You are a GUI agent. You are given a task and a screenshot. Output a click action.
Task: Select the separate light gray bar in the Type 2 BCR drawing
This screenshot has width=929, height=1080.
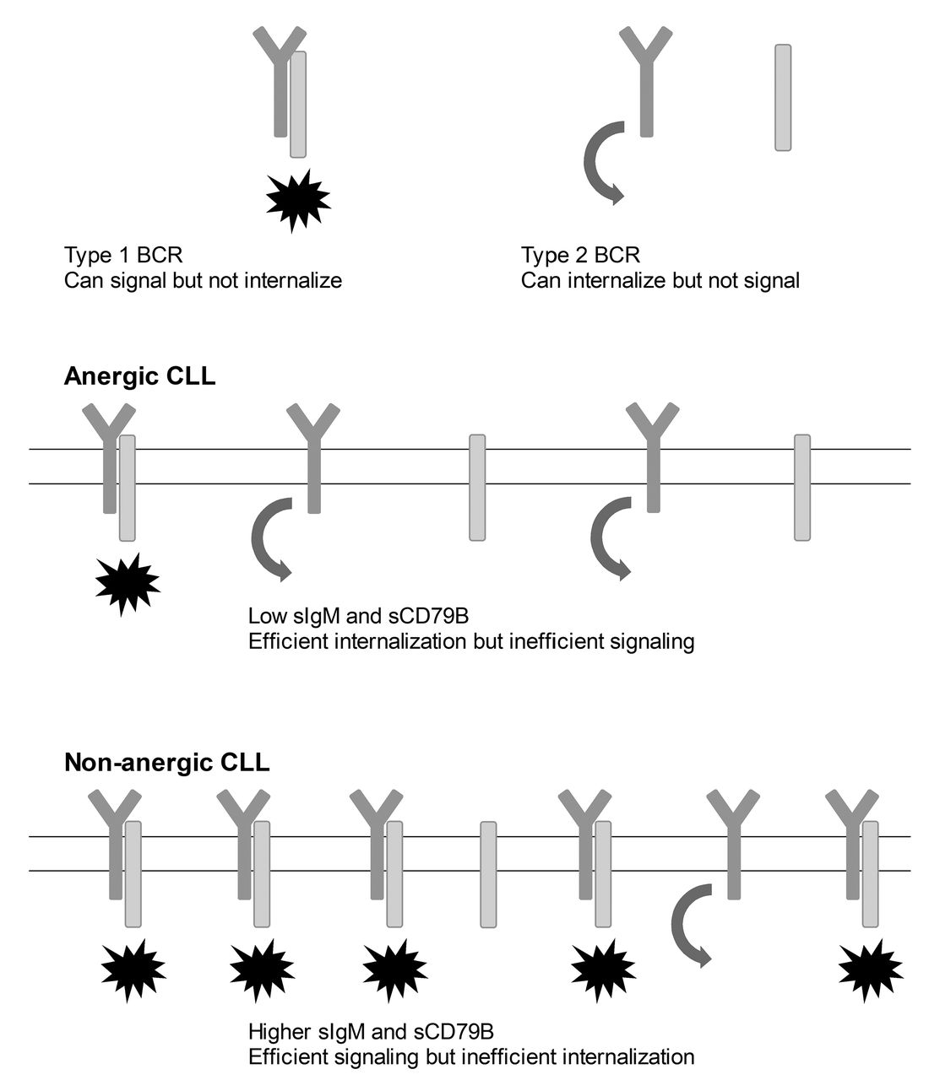tap(783, 98)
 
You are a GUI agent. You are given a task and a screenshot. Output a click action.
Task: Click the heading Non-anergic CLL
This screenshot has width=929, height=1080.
tap(166, 764)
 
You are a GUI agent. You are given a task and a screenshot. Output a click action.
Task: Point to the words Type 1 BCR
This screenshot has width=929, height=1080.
tap(123, 255)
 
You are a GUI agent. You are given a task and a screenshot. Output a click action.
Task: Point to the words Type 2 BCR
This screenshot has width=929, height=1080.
tap(581, 255)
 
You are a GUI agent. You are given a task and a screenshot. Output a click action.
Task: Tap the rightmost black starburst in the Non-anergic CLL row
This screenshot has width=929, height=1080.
tap(870, 970)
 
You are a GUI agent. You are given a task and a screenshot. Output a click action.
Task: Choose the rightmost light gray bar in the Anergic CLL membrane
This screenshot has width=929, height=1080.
tap(802, 487)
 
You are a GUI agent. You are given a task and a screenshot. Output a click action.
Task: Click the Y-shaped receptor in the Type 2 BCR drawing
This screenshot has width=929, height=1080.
tap(646, 76)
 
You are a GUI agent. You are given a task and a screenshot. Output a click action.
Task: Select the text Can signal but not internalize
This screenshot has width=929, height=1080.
tap(203, 280)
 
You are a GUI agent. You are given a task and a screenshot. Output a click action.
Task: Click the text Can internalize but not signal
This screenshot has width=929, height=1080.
tap(660, 280)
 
